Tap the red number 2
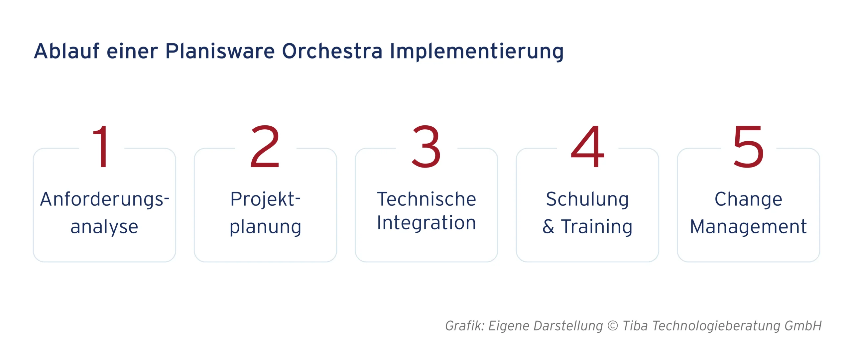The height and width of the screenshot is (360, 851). click(265, 147)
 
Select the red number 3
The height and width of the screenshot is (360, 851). click(426, 147)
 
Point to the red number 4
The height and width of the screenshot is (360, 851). click(587, 147)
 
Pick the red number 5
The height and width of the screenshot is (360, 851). click(749, 147)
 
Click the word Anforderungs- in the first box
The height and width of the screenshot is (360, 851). click(105, 199)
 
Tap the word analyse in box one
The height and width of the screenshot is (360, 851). click(104, 227)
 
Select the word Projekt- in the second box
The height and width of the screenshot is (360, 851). click(265, 199)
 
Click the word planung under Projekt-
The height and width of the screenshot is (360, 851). click(265, 227)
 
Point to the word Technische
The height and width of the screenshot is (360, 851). click(426, 199)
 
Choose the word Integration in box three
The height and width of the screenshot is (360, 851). click(426, 223)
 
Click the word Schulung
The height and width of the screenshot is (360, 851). click(587, 199)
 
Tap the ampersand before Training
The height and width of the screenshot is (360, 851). click(548, 227)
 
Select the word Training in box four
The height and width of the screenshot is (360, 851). click(597, 227)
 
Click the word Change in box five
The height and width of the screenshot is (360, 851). click(749, 199)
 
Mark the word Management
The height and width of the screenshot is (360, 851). click(748, 227)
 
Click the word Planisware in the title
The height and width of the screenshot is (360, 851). click(220, 51)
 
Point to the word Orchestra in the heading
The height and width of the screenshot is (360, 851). click(332, 51)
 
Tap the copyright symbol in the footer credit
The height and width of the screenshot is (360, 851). click(613, 326)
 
